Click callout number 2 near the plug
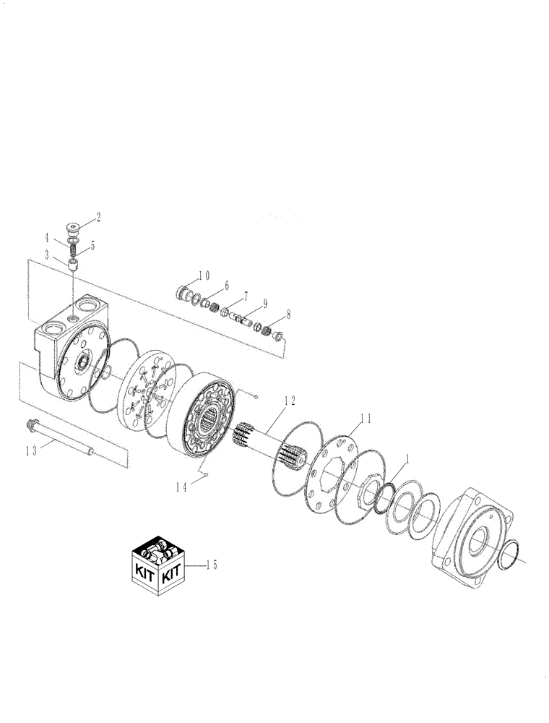click(98, 215)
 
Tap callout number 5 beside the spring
click(92, 245)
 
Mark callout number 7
click(246, 296)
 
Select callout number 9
click(265, 304)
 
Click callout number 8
click(289, 315)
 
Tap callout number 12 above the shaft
click(289, 400)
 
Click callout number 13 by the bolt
click(31, 450)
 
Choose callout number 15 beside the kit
click(212, 565)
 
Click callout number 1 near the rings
click(408, 458)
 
